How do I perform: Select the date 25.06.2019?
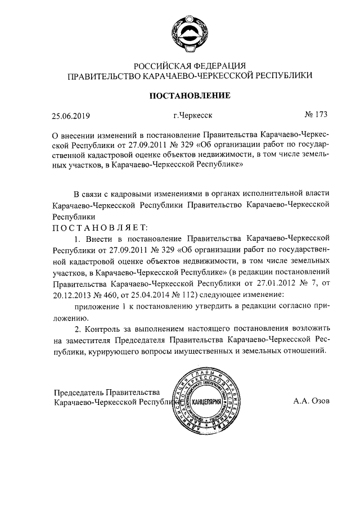click(71, 118)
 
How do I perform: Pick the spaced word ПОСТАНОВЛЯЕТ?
click(100, 227)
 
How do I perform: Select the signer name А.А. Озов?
click(312, 402)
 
